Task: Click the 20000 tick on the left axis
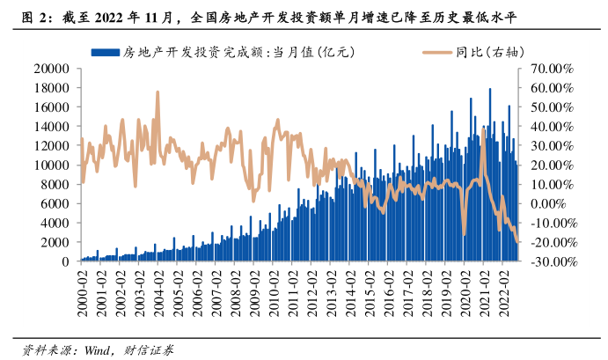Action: [53, 67]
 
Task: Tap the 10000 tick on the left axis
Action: [53, 165]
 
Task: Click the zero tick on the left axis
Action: [65, 261]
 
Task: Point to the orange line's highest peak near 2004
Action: [157, 92]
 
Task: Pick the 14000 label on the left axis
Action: [53, 125]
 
